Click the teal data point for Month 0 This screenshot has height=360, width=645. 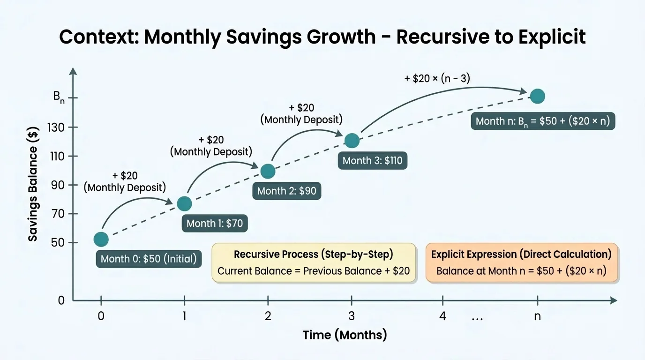click(101, 240)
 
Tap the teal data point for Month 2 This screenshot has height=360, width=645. click(268, 172)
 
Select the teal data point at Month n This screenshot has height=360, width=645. click(537, 96)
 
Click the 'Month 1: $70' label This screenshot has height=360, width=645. click(215, 223)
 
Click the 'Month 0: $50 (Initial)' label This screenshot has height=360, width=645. click(149, 259)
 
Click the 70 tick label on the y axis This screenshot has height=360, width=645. click(60, 214)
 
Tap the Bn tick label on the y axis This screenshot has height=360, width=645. click(59, 98)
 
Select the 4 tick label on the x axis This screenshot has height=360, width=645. click(443, 316)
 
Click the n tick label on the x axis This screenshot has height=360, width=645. click(537, 316)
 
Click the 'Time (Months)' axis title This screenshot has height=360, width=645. click(345, 335)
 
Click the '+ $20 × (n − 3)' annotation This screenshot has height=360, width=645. click(437, 78)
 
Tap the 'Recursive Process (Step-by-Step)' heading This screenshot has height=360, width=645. click(313, 255)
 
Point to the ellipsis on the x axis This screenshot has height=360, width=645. click(477, 317)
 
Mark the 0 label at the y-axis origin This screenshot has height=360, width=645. click(61, 300)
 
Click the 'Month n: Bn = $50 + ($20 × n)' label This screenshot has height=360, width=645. click(542, 121)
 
